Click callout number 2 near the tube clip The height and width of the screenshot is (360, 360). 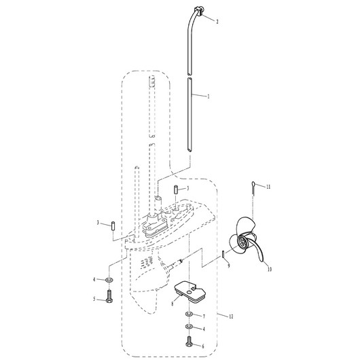217,22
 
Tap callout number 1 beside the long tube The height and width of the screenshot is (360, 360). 209,96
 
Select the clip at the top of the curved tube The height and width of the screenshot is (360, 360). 198,11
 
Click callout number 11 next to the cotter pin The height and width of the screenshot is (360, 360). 268,187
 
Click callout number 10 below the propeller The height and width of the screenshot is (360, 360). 270,269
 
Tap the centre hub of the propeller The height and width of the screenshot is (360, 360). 242,242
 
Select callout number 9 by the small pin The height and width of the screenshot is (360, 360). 229,266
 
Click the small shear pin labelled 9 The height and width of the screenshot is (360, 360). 223,255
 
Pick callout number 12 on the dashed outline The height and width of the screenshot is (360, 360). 231,317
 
